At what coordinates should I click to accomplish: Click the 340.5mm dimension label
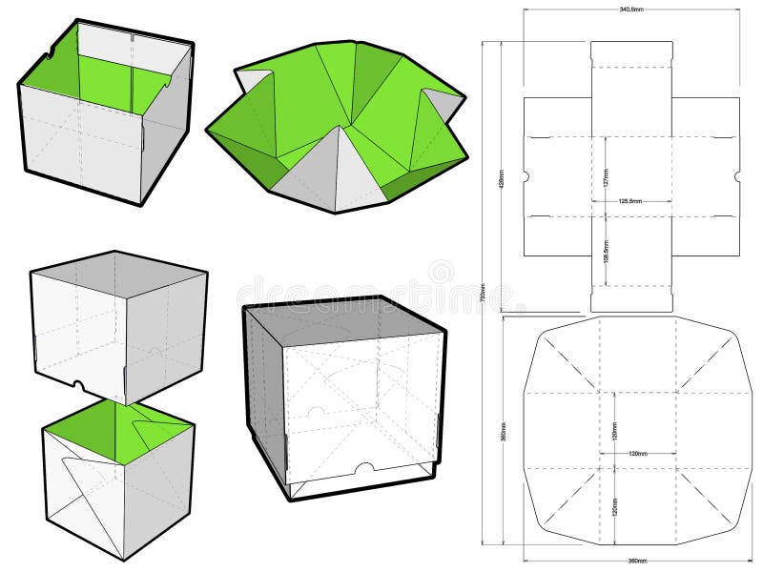pos(630,10)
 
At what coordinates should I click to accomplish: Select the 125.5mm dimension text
pos(629,201)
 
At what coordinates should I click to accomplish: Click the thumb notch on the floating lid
pos(80,388)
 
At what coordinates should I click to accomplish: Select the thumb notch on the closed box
pos(363,467)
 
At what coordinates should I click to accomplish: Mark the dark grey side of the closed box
pos(265,391)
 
